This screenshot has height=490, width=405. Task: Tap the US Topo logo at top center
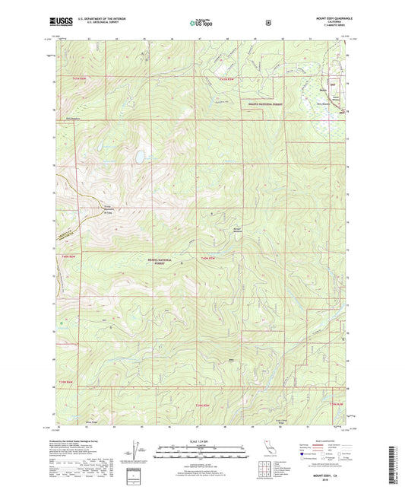coord(202,23)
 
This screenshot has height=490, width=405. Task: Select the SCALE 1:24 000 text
coord(201,443)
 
